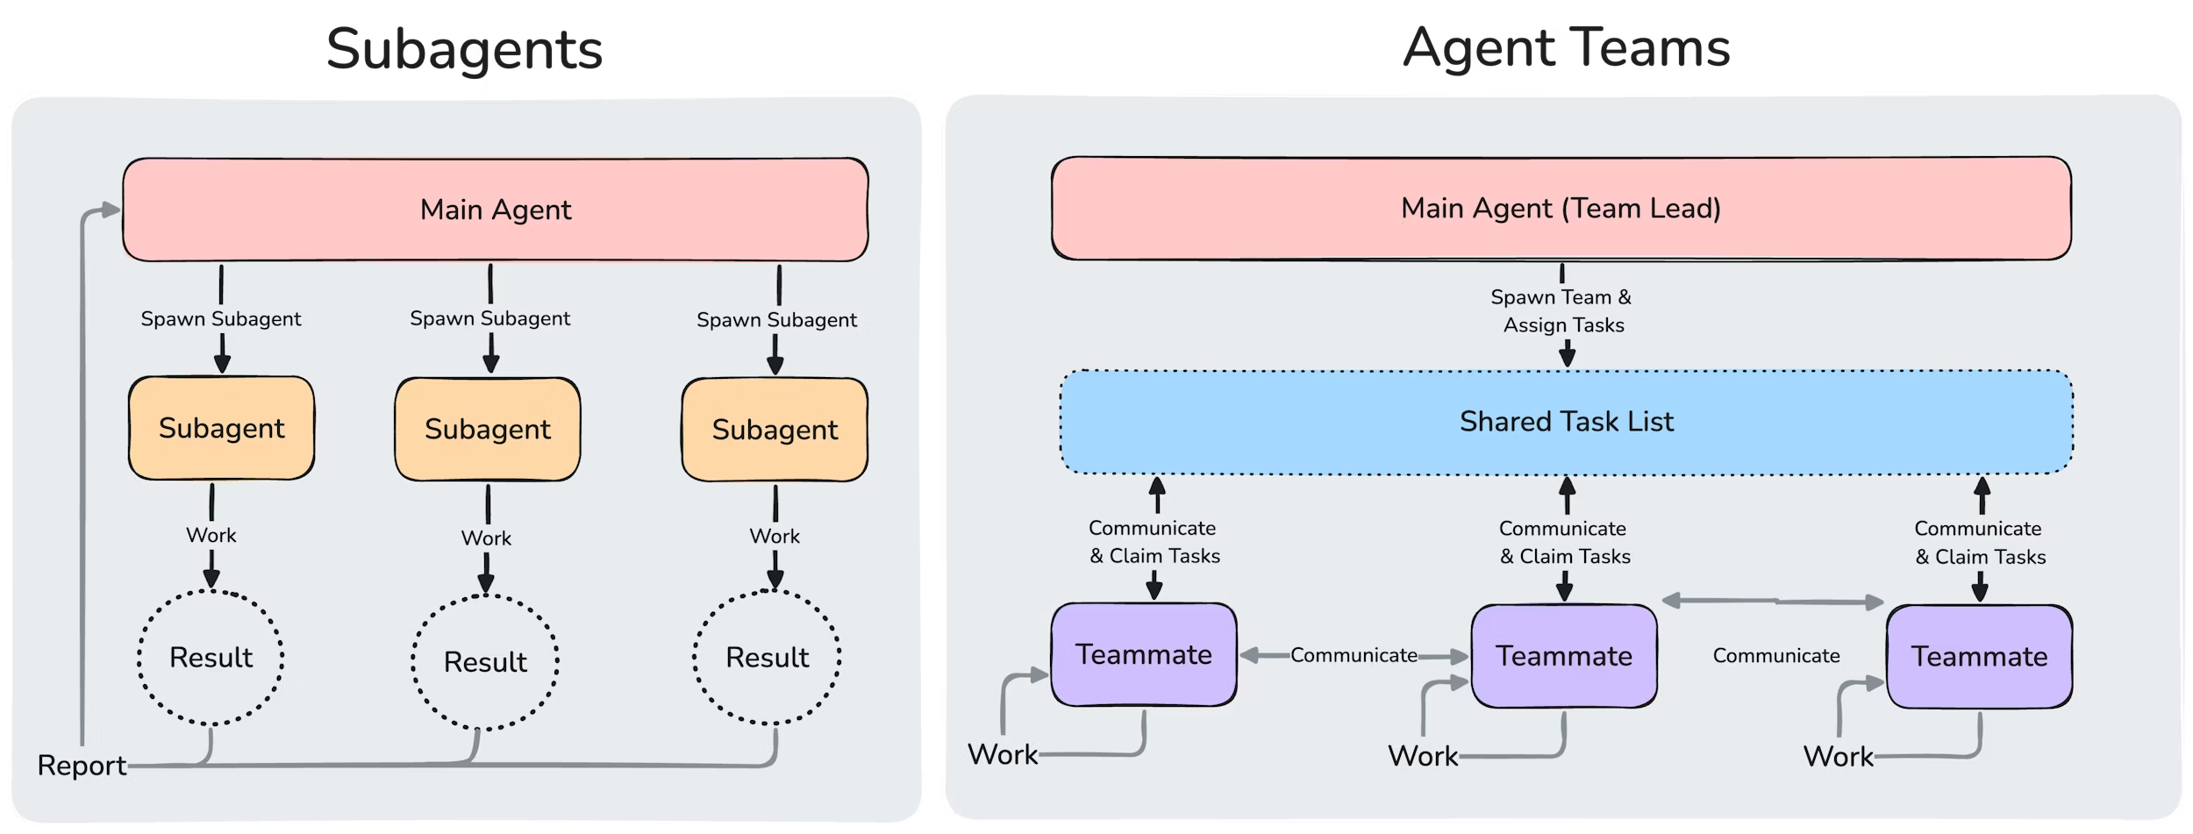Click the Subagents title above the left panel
point(465,49)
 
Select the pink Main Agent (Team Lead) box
point(1561,209)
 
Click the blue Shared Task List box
point(1566,422)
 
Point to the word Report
point(82,766)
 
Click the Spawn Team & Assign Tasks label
point(1562,311)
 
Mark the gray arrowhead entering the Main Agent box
point(111,210)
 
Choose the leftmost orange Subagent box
point(221,428)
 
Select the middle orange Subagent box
point(488,429)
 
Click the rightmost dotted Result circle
point(767,658)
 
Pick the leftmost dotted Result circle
point(211,658)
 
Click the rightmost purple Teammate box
point(1979,656)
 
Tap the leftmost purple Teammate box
point(1144,654)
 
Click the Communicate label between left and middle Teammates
point(1354,655)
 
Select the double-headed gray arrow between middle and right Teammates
point(1773,602)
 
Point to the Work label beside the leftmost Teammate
point(1002,755)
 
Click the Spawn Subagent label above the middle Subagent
point(489,319)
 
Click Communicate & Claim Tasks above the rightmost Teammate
point(1979,543)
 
